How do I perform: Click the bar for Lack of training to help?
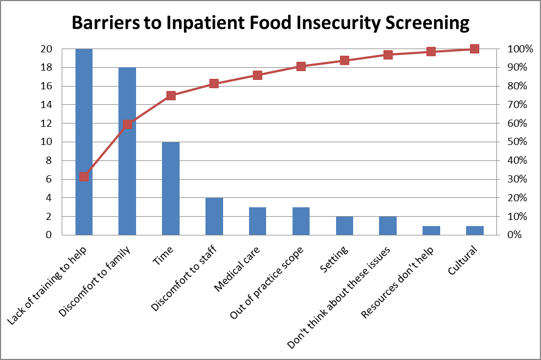(84, 142)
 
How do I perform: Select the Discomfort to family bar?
(127, 151)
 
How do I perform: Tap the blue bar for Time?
(171, 188)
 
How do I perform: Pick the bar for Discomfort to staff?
(214, 216)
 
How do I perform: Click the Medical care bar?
(257, 221)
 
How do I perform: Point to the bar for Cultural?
(474, 230)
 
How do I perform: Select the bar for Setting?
(344, 225)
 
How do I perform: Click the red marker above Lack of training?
(84, 177)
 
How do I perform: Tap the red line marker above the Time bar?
(171, 95)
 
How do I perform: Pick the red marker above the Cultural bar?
(474, 49)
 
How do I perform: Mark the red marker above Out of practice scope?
(301, 66)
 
